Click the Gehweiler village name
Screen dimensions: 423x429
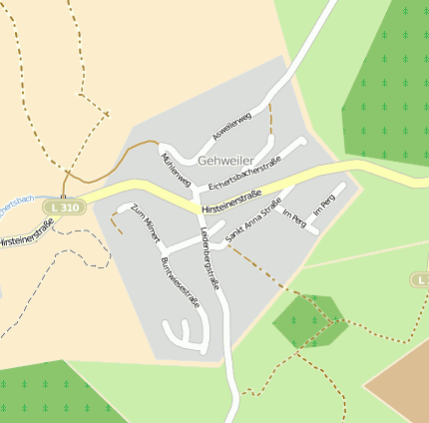[224, 161]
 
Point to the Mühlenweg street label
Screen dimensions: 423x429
[175, 168]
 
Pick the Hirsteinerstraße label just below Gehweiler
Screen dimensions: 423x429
[230, 202]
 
